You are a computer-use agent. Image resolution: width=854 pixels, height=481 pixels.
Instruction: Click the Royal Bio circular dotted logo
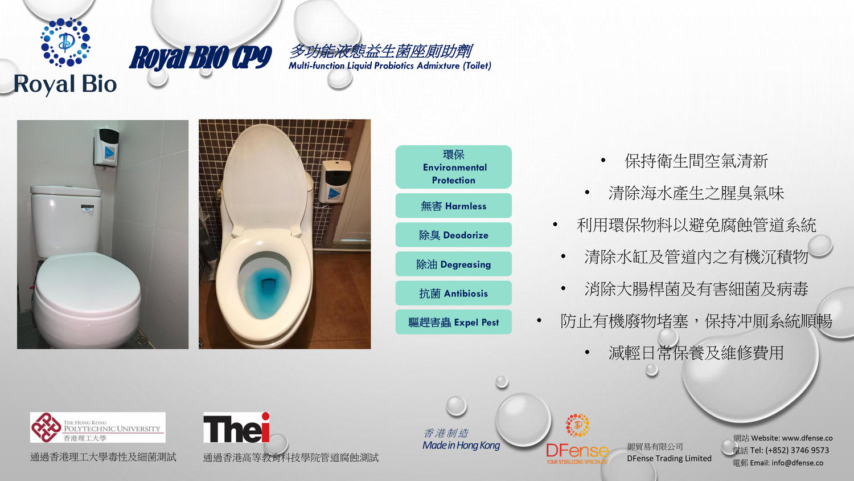pos(65,42)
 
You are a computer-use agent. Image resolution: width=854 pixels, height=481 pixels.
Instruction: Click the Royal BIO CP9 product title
pos(200,58)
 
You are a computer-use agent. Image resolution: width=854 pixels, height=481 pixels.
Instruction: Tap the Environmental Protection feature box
pos(453,167)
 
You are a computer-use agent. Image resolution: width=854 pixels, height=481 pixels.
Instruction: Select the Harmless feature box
pos(453,206)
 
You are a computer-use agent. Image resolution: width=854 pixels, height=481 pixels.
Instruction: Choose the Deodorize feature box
pos(453,235)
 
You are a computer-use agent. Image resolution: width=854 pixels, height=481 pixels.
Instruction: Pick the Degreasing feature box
pos(453,264)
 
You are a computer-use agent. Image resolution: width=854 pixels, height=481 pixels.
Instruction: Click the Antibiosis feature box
pos(453,293)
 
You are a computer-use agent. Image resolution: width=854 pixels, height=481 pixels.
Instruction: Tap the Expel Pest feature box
pos(453,322)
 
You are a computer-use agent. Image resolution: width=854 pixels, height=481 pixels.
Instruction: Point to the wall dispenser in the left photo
pos(107,147)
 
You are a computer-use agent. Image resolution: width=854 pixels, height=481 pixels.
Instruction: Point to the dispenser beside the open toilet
pos(334,181)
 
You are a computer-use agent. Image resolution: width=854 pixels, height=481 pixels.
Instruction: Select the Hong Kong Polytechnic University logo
pos(97,427)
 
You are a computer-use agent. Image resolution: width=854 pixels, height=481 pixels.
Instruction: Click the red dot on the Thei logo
pos(265,416)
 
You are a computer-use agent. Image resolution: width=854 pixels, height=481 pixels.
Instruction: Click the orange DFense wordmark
pos(577,451)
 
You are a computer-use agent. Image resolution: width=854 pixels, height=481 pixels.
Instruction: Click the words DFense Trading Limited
pos(669,458)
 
